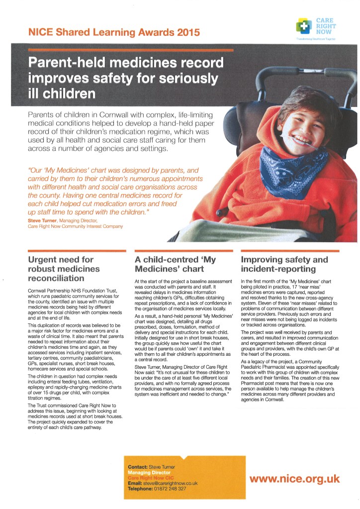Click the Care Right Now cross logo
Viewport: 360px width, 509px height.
303,25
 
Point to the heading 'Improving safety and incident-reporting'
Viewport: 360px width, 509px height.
284,264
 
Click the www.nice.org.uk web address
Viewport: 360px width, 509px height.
295,479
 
